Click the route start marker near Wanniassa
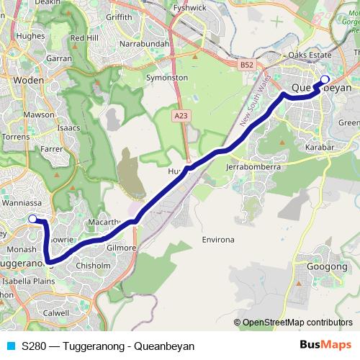coord(32,220)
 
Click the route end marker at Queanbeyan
coord(325,80)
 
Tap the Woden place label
coord(29,81)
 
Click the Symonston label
coord(166,77)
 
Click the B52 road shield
coord(247,64)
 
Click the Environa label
coord(218,238)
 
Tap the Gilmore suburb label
coord(120,248)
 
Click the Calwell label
coord(55,312)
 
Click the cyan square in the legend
coord(10,346)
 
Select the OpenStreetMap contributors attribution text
coord(297,323)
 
